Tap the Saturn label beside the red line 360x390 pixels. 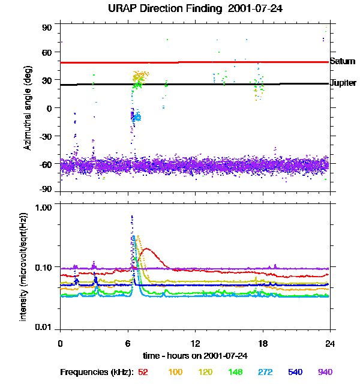click(342, 61)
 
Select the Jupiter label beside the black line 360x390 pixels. click(343, 83)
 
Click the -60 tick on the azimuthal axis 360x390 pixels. click(46, 163)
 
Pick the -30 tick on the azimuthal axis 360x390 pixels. click(46, 136)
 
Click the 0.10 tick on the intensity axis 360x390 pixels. click(44, 266)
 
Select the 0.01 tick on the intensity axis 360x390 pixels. click(44, 327)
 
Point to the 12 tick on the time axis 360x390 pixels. click(195, 343)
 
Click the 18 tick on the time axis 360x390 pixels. click(262, 343)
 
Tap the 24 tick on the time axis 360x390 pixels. click(330, 343)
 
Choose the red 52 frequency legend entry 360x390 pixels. click(143, 372)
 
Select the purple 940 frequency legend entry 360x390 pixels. click(325, 372)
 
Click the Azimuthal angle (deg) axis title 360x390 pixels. click(27, 107)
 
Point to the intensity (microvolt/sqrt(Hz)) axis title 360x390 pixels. click(24, 266)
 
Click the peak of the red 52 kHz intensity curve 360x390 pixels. click(148, 249)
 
